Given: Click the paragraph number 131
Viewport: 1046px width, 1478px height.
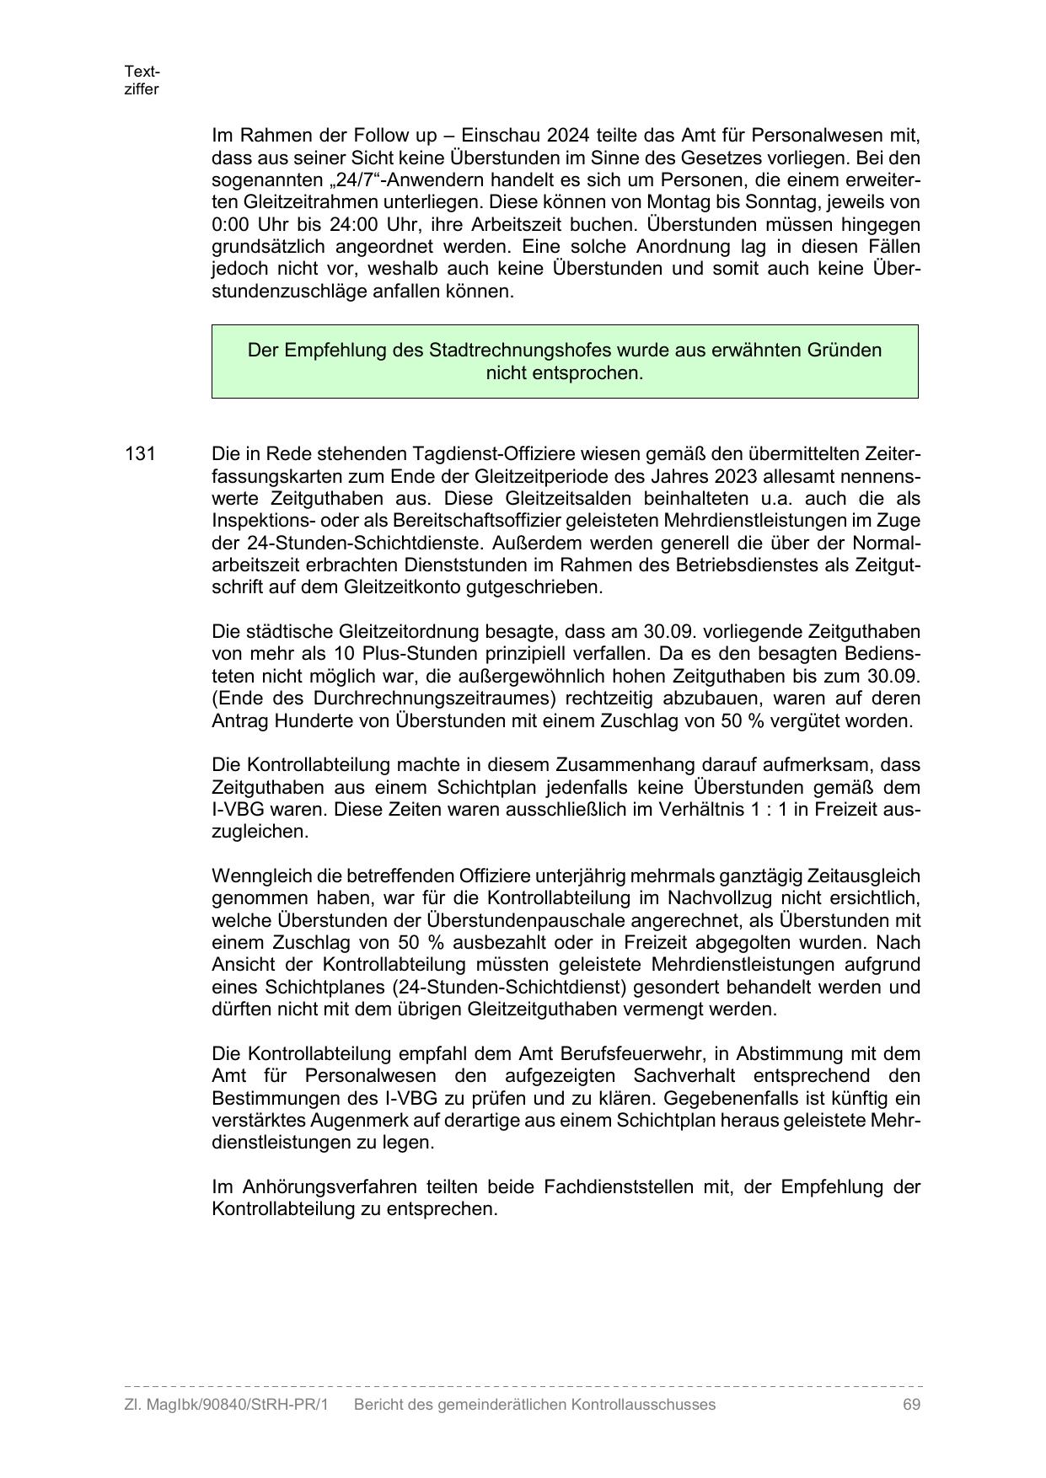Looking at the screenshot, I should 140,453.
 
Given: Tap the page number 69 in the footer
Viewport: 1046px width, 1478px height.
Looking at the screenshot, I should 910,1405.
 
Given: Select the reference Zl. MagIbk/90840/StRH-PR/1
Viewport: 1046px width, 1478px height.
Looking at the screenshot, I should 225,1405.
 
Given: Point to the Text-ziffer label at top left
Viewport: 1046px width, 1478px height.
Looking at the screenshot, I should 141,80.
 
